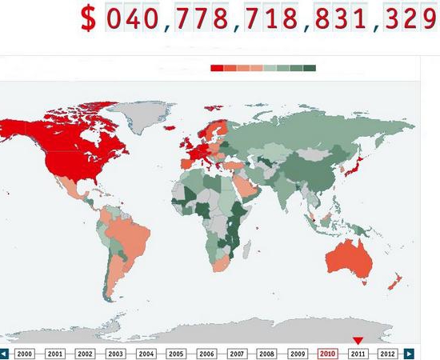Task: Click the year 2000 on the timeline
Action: pyautogui.click(x=25, y=353)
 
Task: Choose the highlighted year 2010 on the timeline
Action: pyautogui.click(x=327, y=353)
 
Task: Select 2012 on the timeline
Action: pyautogui.click(x=387, y=353)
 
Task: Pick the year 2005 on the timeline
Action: pyautogui.click(x=176, y=353)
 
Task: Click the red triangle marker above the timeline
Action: pyautogui.click(x=358, y=341)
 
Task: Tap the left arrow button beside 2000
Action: pyautogui.click(x=5, y=353)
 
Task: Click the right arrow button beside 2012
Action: pyautogui.click(x=409, y=353)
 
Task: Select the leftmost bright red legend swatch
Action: pyautogui.click(x=217, y=68)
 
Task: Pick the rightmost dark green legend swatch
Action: pyautogui.click(x=310, y=68)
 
